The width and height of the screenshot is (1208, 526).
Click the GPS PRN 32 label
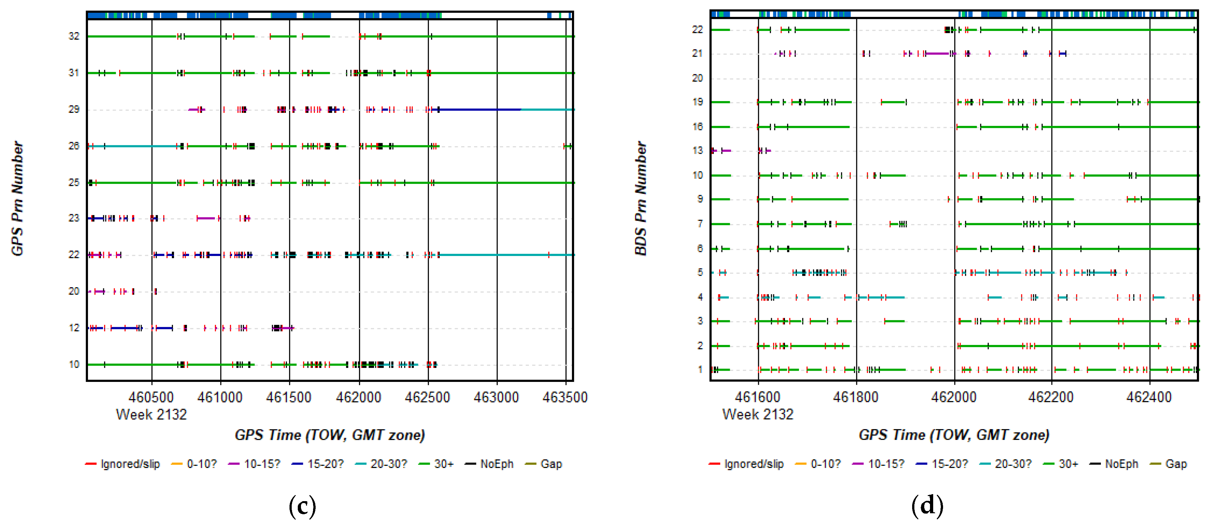pos(74,36)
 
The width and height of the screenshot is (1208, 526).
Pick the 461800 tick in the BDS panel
pos(855,397)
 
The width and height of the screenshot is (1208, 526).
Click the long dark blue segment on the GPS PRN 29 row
pos(478,109)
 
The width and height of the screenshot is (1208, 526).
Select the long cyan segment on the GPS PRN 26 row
pos(136,146)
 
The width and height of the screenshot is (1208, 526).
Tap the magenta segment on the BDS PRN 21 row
pos(937,54)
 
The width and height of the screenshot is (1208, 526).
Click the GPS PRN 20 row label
pos(74,291)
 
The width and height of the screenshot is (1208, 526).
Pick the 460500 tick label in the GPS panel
pos(151,397)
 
